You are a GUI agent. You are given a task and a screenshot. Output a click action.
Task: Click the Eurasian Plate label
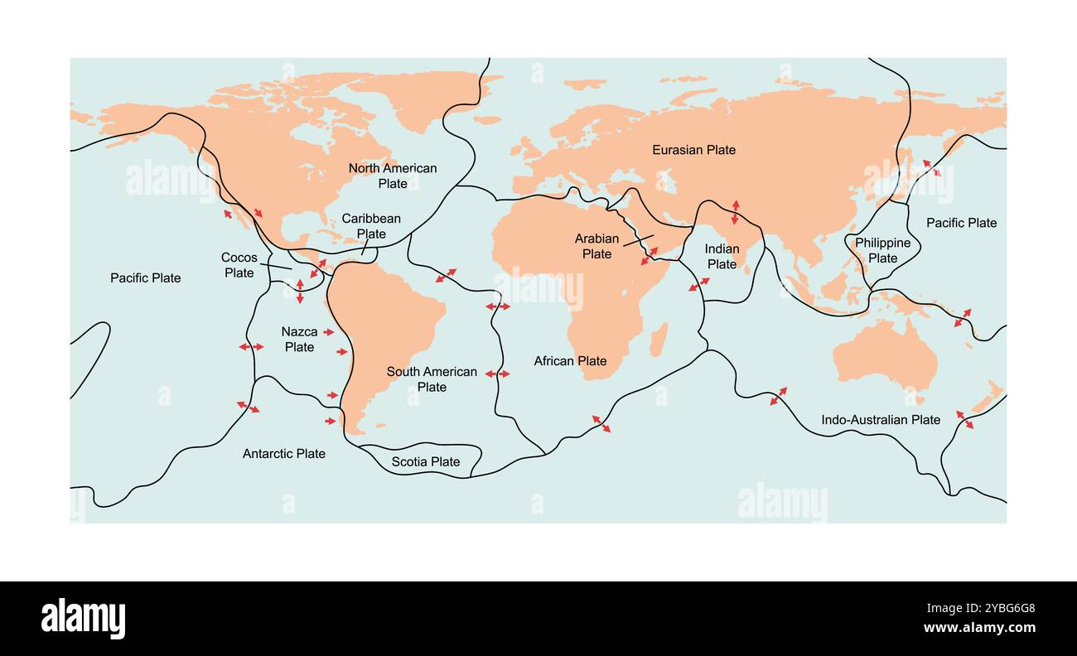[x=693, y=150]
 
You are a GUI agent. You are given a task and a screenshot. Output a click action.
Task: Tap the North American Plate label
[x=392, y=176]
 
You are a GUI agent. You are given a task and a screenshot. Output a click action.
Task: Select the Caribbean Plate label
[x=371, y=226]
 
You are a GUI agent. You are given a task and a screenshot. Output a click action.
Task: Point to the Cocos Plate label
[x=239, y=265]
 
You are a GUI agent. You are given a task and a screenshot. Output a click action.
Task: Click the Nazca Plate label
[x=299, y=340]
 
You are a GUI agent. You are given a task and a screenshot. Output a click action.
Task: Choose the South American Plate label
[x=432, y=379]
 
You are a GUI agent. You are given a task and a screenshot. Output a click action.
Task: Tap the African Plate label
[x=570, y=361]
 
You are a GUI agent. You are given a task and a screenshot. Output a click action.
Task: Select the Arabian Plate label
[x=596, y=246]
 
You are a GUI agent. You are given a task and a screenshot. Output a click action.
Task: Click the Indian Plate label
[x=722, y=257]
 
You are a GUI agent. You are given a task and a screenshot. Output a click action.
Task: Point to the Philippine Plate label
[x=882, y=250]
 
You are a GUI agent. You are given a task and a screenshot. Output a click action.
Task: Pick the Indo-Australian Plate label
[x=881, y=420]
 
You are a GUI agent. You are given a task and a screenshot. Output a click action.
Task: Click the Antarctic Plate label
[x=284, y=454]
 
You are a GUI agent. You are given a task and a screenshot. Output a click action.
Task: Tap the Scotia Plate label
[x=426, y=461]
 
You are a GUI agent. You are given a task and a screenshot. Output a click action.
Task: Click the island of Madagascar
[x=659, y=339]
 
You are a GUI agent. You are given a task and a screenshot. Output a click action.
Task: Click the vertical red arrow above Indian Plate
[x=735, y=212]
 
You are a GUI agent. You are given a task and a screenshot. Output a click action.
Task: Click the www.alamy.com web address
[x=978, y=628]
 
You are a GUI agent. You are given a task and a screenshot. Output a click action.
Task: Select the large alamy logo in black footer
[x=83, y=619]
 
